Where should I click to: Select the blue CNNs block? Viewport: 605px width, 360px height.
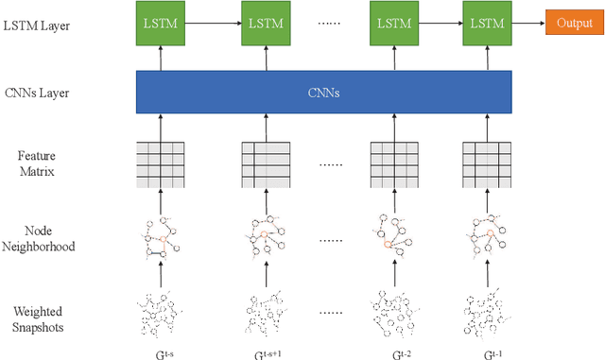pyautogui.click(x=324, y=94)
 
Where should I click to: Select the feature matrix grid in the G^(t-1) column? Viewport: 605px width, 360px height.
pyautogui.click(x=486, y=162)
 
